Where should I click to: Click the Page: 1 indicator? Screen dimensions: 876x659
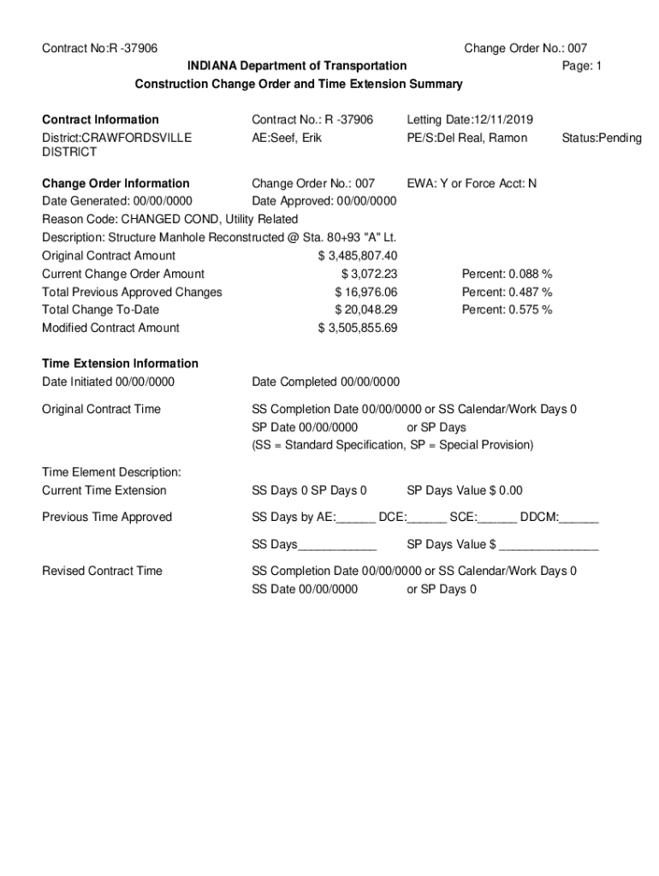point(582,66)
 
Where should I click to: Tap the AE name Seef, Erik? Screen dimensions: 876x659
point(287,138)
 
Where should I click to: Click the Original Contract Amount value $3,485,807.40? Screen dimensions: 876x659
point(357,256)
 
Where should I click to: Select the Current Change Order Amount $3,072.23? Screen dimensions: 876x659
point(369,274)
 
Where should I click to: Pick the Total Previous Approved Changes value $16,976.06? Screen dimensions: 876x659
point(365,292)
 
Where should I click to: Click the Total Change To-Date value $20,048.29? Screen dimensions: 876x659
point(365,310)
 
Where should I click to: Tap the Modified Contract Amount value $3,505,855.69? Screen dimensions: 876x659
point(357,328)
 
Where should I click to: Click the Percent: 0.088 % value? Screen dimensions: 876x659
point(507,274)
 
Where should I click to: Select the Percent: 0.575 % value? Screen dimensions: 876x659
point(507,310)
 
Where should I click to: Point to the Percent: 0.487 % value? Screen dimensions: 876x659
point(507,292)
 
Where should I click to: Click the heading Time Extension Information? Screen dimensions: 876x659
point(120,364)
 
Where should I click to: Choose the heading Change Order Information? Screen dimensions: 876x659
point(116,183)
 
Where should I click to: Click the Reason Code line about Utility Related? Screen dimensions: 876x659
point(170,219)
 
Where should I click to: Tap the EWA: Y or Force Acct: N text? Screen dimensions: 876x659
point(472,183)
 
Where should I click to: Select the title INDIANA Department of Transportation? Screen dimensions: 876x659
point(298,66)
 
